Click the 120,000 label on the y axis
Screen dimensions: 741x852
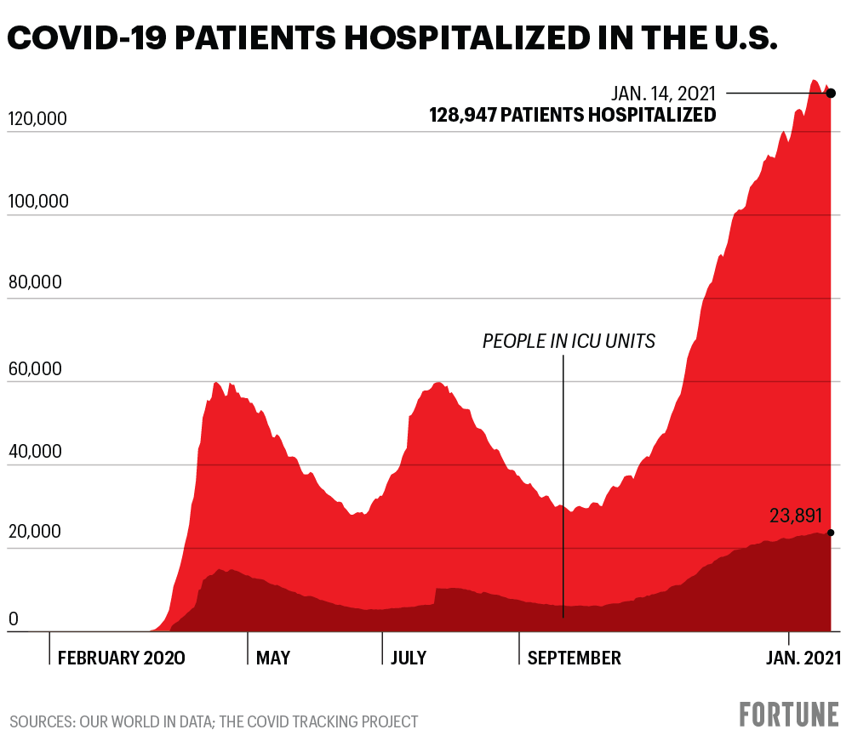[x=37, y=119]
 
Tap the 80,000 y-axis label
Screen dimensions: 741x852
[x=35, y=285]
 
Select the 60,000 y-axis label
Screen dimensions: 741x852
[x=35, y=368]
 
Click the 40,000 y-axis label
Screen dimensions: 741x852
[x=35, y=451]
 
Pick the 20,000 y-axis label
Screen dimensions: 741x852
[x=35, y=533]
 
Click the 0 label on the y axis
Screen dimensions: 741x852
[x=13, y=619]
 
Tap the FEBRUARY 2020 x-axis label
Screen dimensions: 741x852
[x=121, y=658]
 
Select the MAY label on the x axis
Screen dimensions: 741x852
[x=273, y=658]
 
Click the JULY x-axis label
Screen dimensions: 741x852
[x=409, y=658]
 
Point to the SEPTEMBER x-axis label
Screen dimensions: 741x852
[x=575, y=658]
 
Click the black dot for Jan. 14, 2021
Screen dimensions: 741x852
[x=831, y=93]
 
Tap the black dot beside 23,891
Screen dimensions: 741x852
[x=831, y=533]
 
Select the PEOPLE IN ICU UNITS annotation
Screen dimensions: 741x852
[x=569, y=342]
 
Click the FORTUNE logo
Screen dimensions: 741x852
[x=788, y=714]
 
